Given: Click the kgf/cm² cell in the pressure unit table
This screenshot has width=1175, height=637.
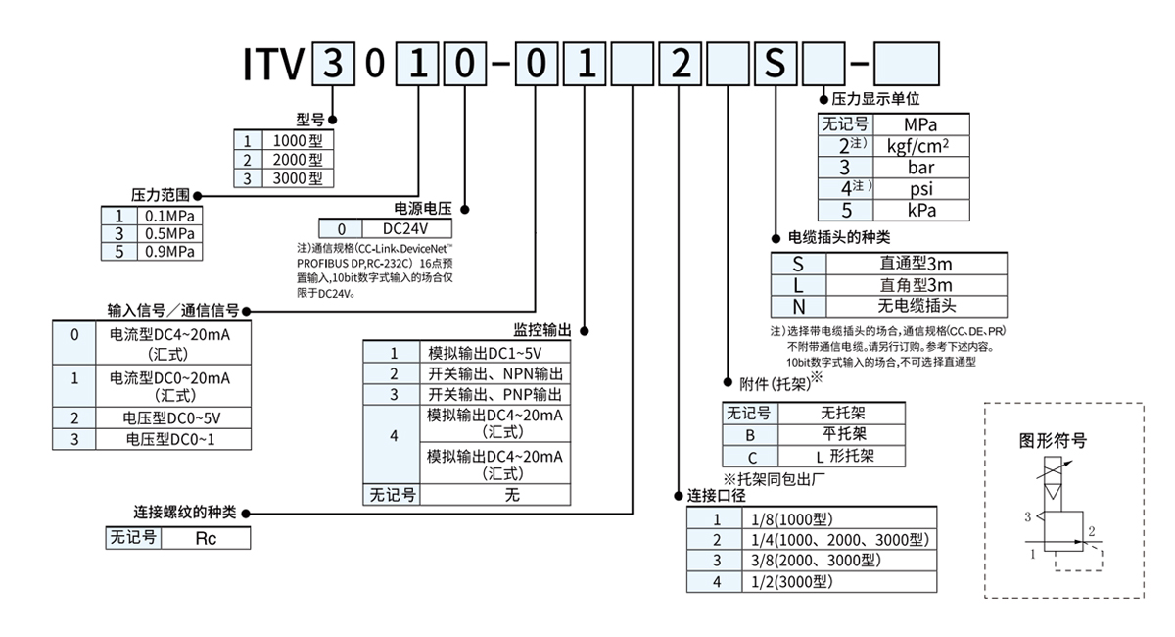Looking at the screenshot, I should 920,146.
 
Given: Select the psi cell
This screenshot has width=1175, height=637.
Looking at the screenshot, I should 920,189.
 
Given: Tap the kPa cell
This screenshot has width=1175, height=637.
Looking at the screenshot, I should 920,211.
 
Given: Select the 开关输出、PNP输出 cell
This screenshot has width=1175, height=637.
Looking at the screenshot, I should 494,395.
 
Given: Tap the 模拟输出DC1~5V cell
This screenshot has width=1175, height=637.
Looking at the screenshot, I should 494,353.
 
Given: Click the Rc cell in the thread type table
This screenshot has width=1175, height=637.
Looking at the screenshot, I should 206,538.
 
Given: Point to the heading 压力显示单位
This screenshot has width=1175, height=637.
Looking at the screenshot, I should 876,99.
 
